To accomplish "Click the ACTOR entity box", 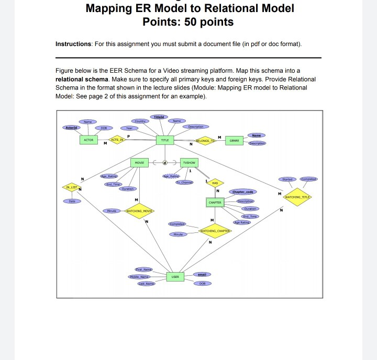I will pos(88,140).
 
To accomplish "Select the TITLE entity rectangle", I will pos(164,140).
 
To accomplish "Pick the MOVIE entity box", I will pos(140,162).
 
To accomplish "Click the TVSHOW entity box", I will pos(188,162).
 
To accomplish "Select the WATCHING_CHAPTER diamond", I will pos(216,231).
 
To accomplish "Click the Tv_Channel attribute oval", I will pos(184,182).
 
